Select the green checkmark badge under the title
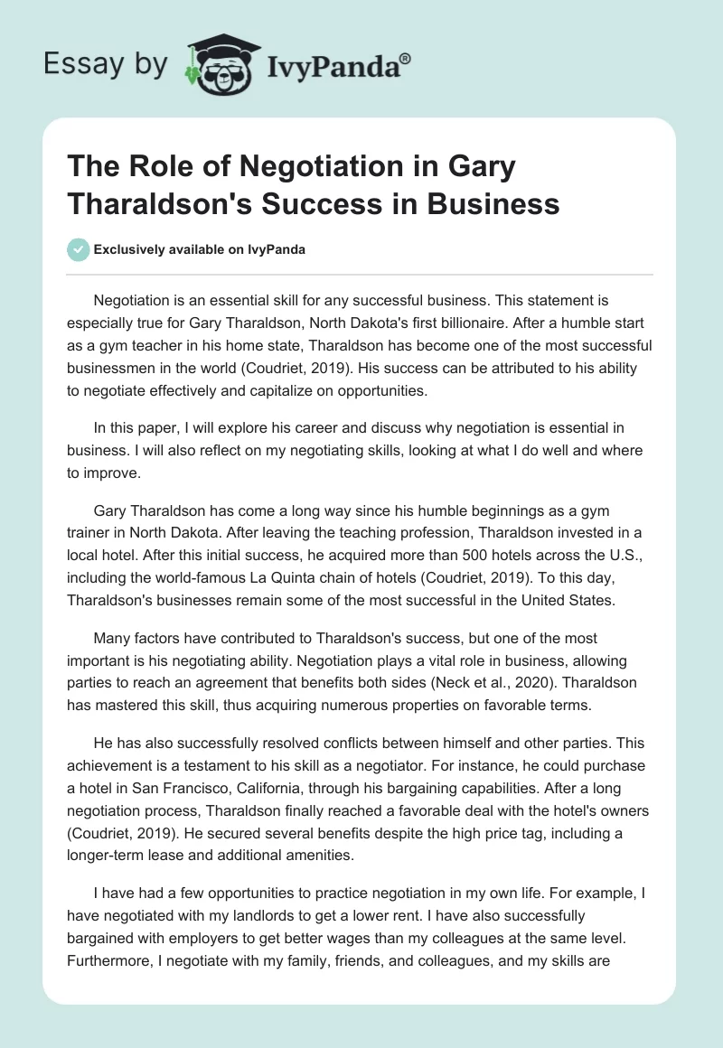point(79,249)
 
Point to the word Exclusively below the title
point(127,250)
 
